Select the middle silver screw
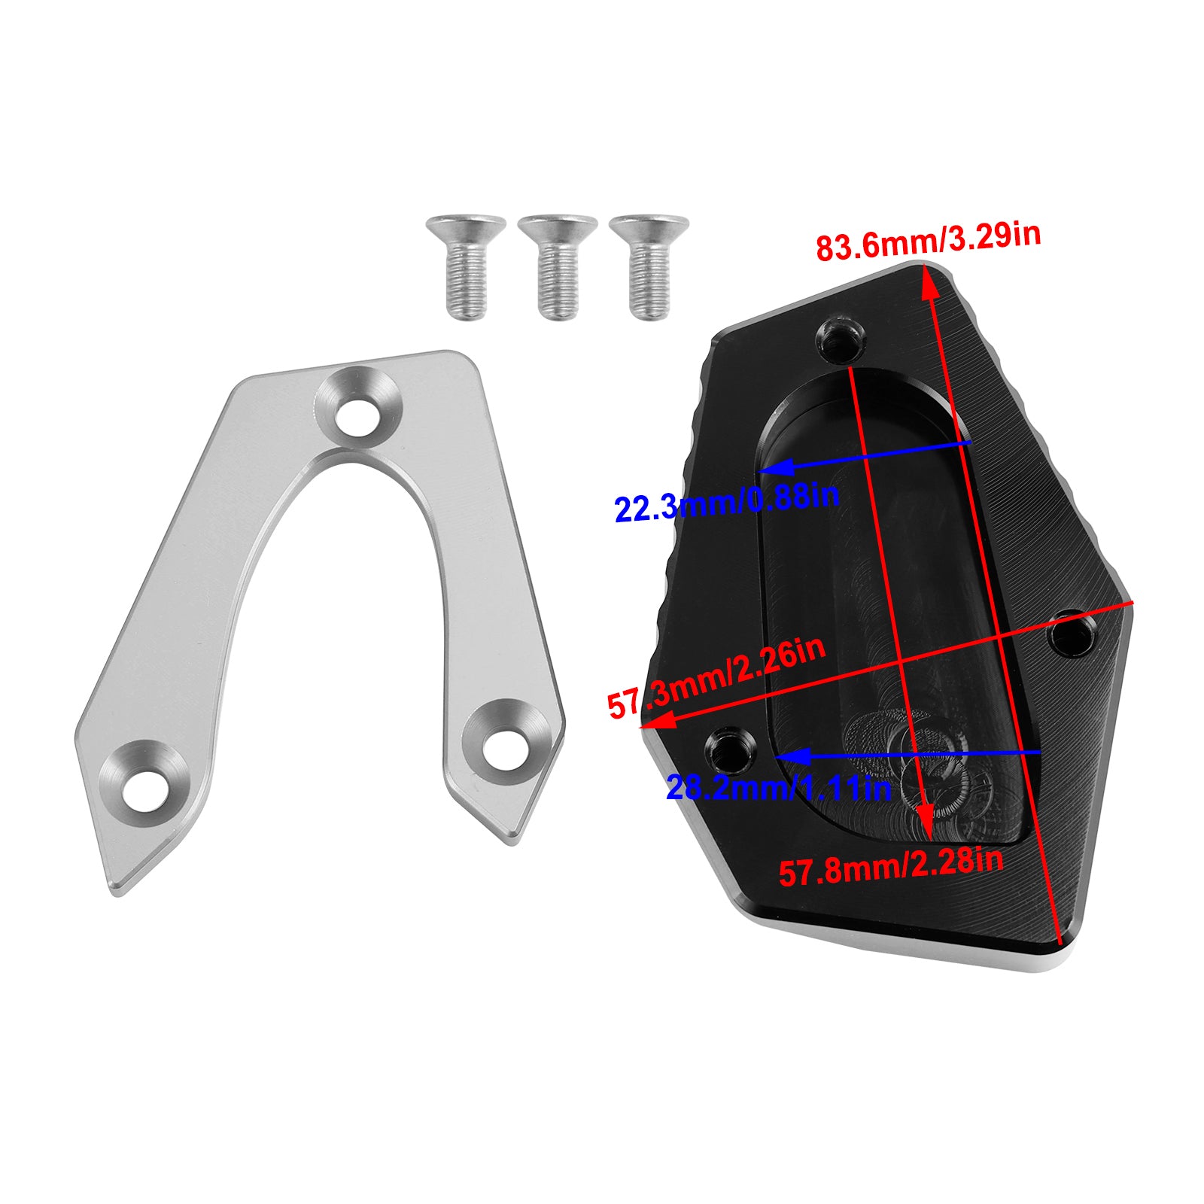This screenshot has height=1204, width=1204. [558, 267]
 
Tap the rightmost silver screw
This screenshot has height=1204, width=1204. [649, 267]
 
